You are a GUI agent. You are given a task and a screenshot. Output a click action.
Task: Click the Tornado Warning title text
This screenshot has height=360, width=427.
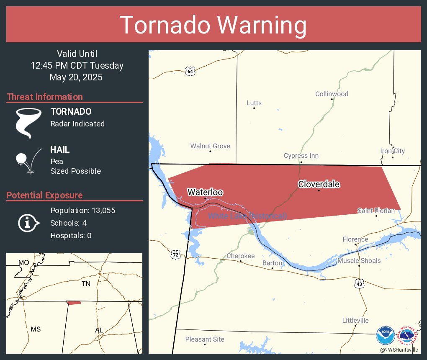[213, 25]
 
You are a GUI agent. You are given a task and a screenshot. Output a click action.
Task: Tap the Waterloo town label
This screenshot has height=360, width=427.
[205, 192]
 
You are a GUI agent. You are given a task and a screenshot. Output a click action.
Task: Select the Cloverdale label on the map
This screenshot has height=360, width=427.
[319, 184]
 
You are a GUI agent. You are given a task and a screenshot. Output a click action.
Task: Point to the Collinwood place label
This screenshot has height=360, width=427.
[332, 94]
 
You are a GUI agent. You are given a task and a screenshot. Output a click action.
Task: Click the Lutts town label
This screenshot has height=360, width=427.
[254, 103]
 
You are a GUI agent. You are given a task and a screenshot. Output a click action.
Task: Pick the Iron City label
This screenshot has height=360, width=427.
[392, 151]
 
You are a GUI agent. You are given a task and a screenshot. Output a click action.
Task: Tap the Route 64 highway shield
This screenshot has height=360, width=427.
[190, 71]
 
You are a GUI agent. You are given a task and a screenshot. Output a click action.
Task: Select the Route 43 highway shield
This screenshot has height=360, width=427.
[359, 284]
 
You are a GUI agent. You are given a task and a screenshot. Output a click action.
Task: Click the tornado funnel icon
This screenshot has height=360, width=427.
[28, 123]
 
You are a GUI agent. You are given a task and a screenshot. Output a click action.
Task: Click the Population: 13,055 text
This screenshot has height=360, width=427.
[82, 210]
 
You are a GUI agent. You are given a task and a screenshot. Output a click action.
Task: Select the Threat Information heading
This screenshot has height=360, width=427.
[45, 97]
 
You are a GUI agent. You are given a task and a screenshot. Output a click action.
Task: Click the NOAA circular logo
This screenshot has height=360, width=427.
[385, 336]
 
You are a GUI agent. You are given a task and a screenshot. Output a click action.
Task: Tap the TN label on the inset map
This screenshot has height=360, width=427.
[86, 284]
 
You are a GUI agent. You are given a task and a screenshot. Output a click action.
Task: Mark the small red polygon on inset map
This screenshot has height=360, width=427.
[74, 303]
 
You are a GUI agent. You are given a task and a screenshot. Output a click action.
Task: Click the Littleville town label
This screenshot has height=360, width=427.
[355, 320]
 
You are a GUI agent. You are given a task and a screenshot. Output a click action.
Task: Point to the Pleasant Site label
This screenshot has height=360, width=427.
[205, 339]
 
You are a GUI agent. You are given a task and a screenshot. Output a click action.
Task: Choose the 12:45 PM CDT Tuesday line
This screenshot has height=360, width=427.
[77, 65]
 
